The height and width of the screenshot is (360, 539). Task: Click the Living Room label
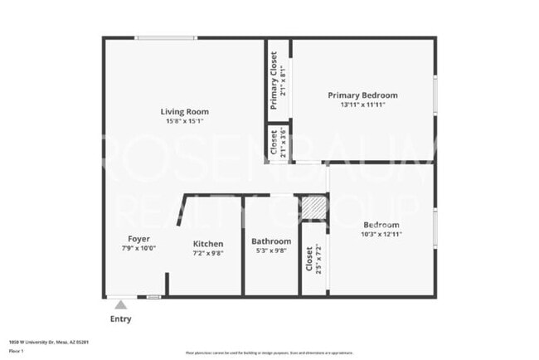click(185, 111)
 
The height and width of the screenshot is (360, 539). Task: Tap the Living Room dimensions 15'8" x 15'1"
click(185, 121)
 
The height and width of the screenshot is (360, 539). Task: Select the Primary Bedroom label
click(362, 95)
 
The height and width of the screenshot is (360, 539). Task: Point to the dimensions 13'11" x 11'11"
click(362, 105)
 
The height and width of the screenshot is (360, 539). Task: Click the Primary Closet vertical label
click(274, 80)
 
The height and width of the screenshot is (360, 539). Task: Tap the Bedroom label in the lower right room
click(381, 225)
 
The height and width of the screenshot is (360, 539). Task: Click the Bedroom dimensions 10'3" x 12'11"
click(381, 235)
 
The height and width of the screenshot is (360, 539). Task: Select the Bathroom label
click(271, 241)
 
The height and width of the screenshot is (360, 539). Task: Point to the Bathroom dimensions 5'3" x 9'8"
click(271, 251)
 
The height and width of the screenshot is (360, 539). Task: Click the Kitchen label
click(208, 244)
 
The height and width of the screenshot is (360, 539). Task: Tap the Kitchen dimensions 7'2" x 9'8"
click(208, 253)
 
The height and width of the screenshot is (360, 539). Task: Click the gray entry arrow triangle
click(120, 305)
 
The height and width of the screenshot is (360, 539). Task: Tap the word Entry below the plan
click(120, 319)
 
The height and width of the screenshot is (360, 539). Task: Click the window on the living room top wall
click(167, 37)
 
